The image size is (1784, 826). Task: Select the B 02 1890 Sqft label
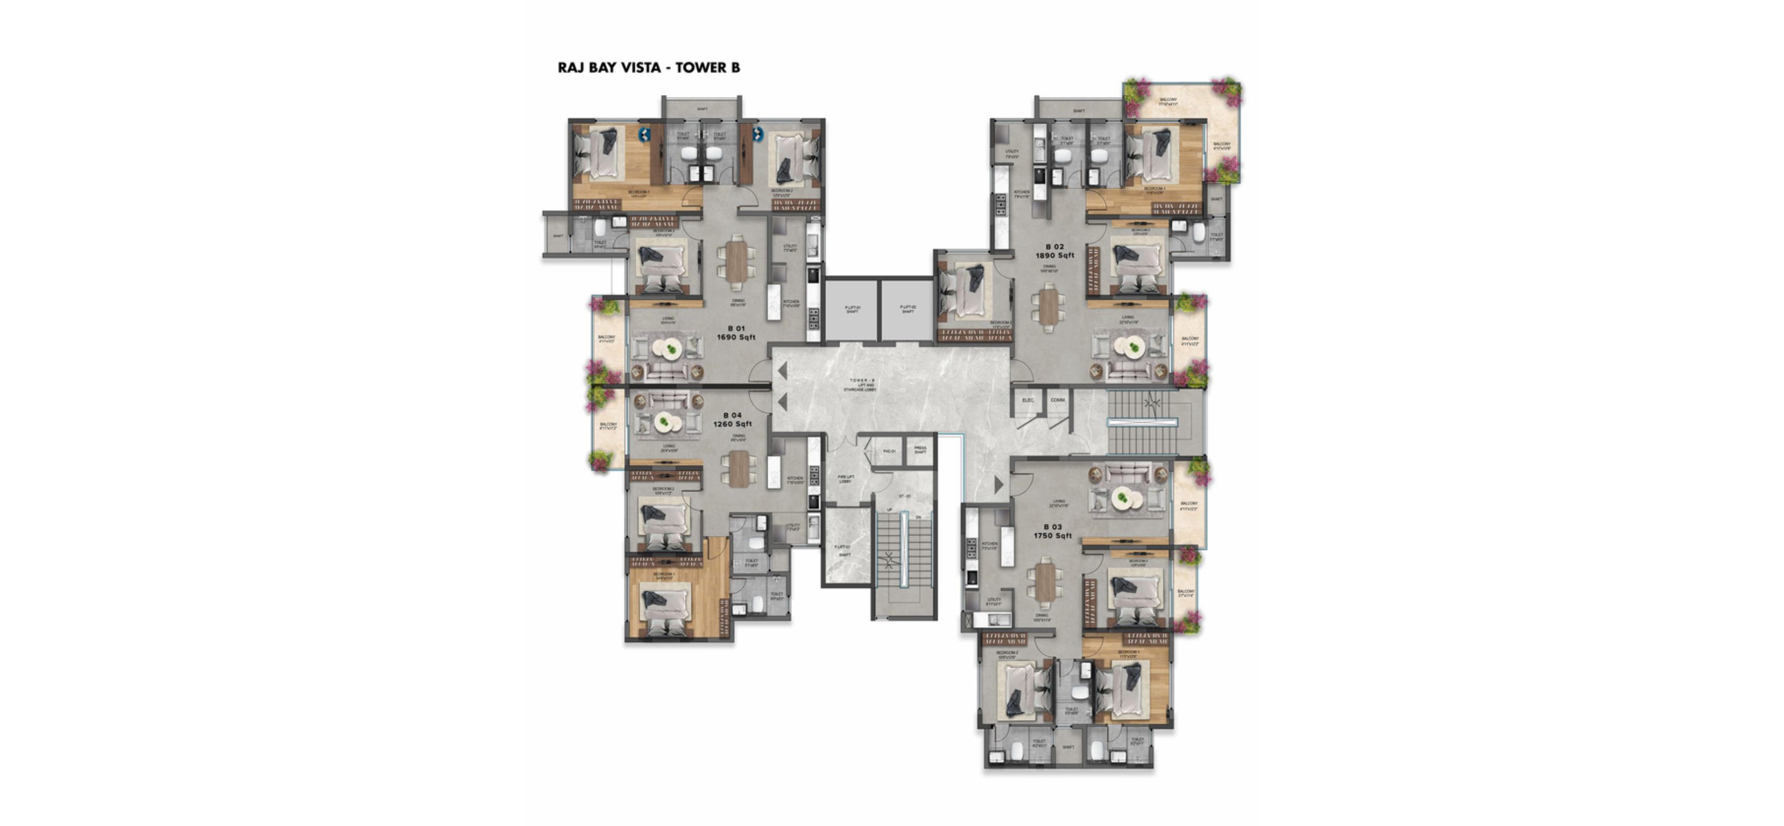(1055, 250)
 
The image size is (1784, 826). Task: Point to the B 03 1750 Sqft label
(1052, 531)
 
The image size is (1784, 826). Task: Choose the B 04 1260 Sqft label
(732, 420)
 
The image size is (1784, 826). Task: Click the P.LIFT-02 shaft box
(907, 310)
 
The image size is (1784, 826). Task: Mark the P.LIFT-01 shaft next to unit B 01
(852, 310)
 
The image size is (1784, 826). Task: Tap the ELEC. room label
(1028, 400)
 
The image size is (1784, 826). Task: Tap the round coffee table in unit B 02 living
(1134, 348)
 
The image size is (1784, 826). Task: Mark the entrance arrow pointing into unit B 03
(999, 485)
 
